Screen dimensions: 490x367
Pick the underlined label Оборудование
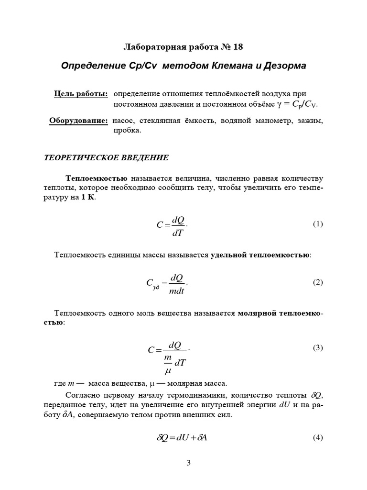(78, 121)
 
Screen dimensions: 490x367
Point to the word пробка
(127, 130)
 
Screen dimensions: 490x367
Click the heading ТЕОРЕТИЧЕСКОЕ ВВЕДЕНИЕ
(106, 157)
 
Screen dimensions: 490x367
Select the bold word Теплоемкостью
(99, 179)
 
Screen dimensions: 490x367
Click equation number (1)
(318, 224)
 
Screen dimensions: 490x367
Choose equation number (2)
(318, 282)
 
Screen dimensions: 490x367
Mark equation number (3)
(318, 348)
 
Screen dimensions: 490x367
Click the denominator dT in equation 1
(177, 233)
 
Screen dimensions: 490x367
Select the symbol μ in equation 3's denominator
(168, 370)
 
